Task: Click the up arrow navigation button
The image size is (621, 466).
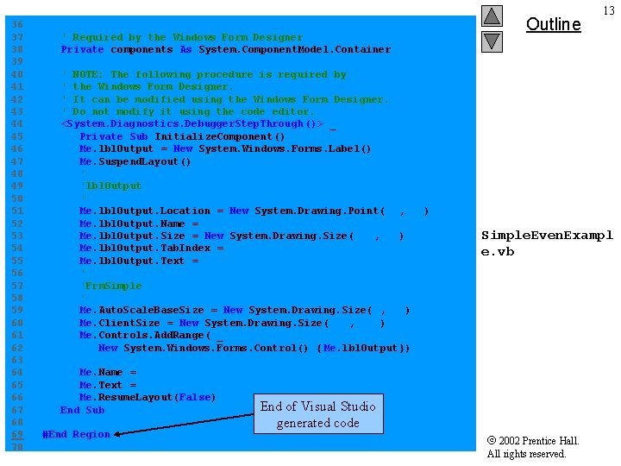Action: point(492,16)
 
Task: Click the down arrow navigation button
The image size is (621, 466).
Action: point(492,41)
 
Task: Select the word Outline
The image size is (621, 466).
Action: point(553,24)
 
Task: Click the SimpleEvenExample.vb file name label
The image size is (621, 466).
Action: point(547,243)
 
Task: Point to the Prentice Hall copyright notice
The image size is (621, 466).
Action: point(533,447)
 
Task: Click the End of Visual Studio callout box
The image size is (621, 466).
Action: point(318,414)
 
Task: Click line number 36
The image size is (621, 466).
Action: point(17,25)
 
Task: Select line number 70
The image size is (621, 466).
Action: point(17,447)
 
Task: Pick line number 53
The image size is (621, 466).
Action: point(17,236)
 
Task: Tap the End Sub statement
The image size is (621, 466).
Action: point(82,410)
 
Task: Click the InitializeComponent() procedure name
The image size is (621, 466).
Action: point(219,136)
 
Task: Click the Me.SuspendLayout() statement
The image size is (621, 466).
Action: point(135,161)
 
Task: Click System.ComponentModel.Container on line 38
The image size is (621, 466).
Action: point(294,49)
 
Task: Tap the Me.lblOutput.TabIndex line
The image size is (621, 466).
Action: point(152,248)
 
